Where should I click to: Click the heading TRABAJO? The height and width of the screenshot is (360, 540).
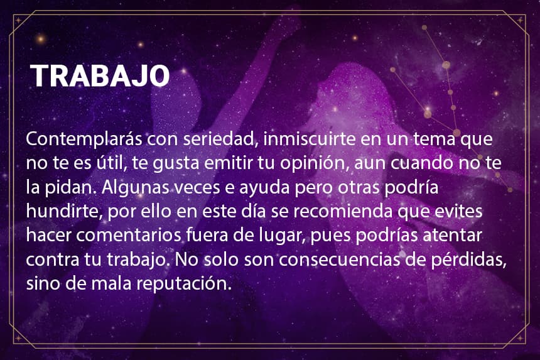100,75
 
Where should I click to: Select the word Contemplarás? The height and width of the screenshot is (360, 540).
84,140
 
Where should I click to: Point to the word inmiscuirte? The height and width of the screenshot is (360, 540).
310,139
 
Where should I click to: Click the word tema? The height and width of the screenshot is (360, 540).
435,139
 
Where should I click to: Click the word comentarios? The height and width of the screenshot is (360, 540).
129,236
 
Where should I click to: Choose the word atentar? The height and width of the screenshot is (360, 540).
452,236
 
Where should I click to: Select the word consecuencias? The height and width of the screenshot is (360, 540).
340,259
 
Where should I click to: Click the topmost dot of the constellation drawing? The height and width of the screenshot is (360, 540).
424,28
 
